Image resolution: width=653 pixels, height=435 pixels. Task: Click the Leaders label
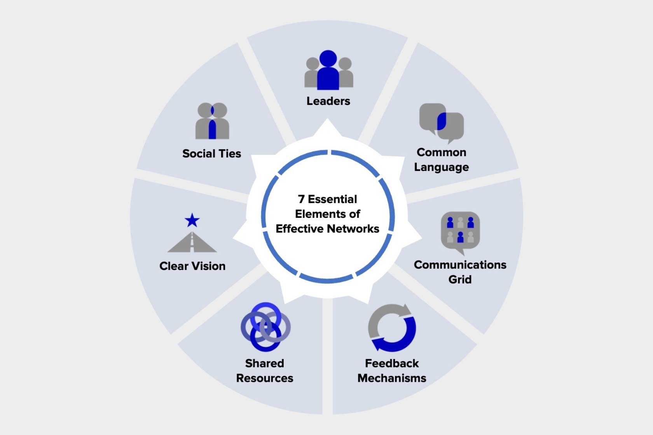tap(328, 101)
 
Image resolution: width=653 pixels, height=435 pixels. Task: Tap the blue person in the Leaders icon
tap(328, 72)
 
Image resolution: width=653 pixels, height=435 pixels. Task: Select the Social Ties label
tap(211, 153)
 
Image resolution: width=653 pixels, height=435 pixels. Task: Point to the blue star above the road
tap(192, 221)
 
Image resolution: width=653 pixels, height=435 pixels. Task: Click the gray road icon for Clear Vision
tap(192, 243)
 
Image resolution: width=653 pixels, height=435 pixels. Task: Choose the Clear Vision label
tap(192, 266)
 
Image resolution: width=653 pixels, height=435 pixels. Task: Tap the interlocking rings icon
tap(265, 327)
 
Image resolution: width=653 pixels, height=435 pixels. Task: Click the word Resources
tap(265, 378)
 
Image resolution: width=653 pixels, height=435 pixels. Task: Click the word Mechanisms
tap(392, 378)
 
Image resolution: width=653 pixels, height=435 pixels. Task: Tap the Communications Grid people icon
tap(460, 231)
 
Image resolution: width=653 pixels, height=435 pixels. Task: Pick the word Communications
tap(460, 265)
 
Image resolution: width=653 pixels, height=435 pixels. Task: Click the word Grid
tap(460, 279)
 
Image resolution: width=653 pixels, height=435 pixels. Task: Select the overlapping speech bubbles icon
tap(442, 122)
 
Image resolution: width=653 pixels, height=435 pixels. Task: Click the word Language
tap(441, 167)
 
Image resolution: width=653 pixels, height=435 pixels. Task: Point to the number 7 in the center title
tap(301, 199)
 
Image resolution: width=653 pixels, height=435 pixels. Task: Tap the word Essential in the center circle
tap(332, 199)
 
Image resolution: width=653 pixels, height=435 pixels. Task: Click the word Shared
tap(264, 363)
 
